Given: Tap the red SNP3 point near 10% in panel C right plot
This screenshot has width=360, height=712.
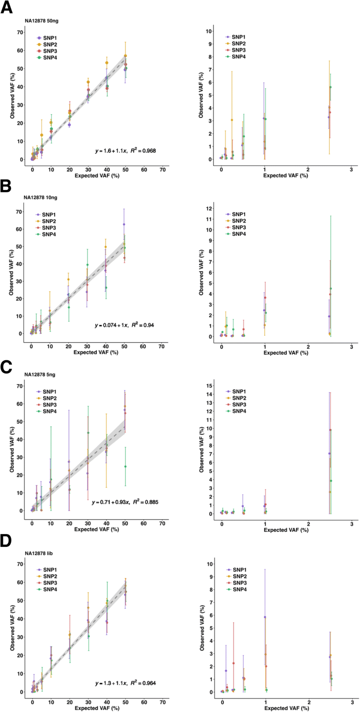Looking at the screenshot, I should pos(330,430).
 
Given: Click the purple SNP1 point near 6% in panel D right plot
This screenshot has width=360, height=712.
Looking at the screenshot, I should pos(265,617).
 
